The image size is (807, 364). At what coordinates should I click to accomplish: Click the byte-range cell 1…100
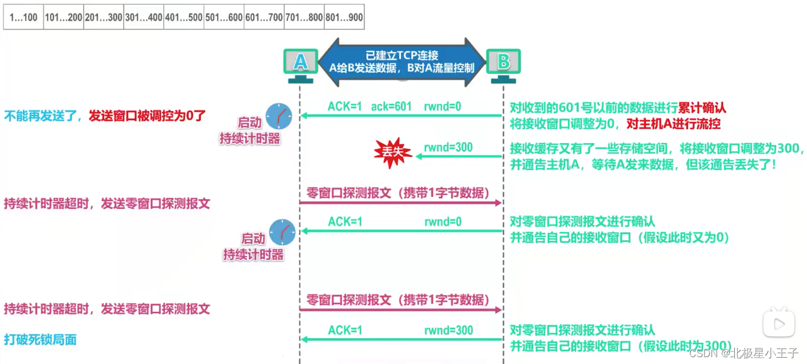click(23, 18)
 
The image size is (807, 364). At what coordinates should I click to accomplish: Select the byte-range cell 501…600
click(224, 18)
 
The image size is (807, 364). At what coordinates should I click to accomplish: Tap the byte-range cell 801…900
click(344, 18)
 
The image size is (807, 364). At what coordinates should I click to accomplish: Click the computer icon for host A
click(300, 63)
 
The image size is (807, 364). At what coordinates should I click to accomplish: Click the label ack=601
click(391, 107)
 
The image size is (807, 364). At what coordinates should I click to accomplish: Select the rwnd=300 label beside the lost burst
click(448, 147)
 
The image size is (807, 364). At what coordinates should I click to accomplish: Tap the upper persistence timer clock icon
click(279, 116)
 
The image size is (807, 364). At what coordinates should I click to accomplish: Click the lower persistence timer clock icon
click(282, 232)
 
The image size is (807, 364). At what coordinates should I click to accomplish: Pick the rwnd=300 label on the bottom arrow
click(448, 330)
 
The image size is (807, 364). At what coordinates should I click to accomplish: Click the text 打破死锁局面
click(40, 340)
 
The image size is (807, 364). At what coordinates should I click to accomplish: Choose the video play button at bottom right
click(778, 324)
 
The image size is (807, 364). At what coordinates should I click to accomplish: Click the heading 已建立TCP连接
click(402, 56)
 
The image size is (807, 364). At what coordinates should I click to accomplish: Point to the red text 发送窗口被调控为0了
click(147, 116)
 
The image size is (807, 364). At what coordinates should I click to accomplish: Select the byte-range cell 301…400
click(144, 18)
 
